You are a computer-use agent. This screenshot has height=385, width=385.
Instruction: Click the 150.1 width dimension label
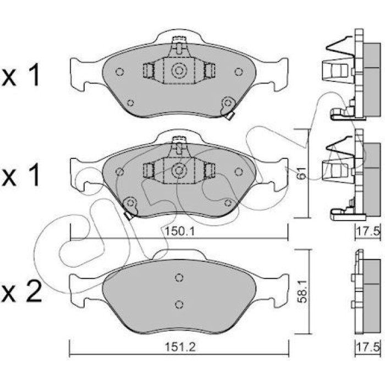(179, 232)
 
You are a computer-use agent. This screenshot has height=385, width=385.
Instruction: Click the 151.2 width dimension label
(180, 347)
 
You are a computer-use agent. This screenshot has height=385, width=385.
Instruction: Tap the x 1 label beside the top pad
(20, 74)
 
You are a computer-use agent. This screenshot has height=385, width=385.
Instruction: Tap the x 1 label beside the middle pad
(20, 174)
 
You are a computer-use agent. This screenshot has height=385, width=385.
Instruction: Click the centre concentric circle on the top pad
(179, 71)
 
